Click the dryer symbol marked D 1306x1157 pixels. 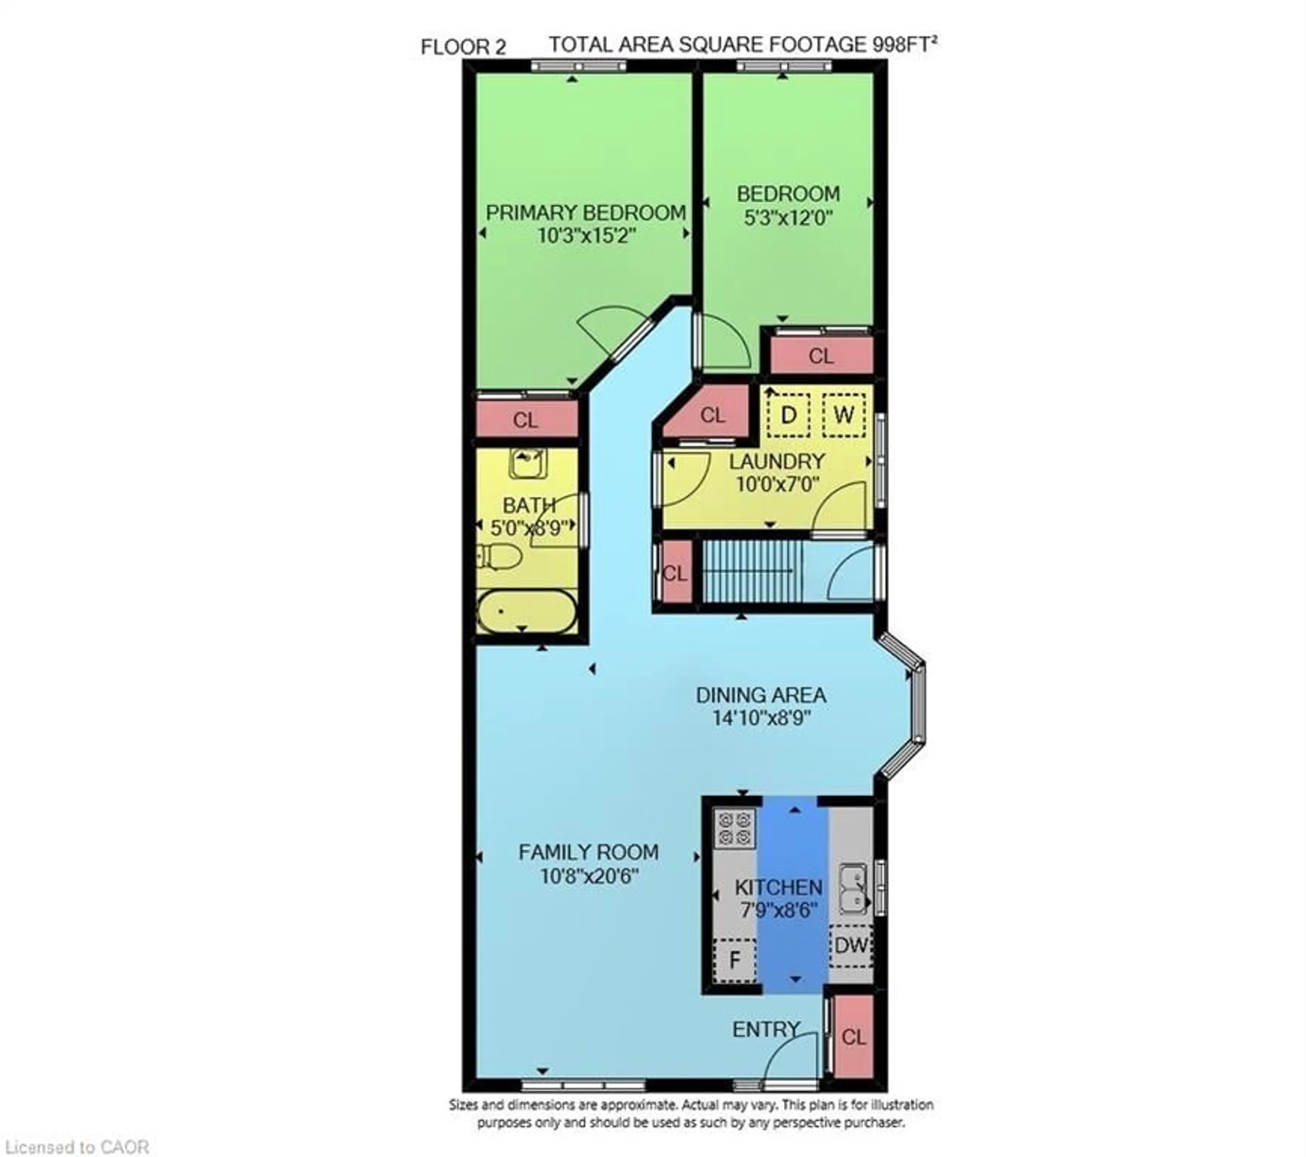point(788,415)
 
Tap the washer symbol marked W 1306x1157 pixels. point(843,415)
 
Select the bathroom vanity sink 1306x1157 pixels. point(528,463)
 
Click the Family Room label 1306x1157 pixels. point(588,852)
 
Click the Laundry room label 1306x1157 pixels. point(777,461)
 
